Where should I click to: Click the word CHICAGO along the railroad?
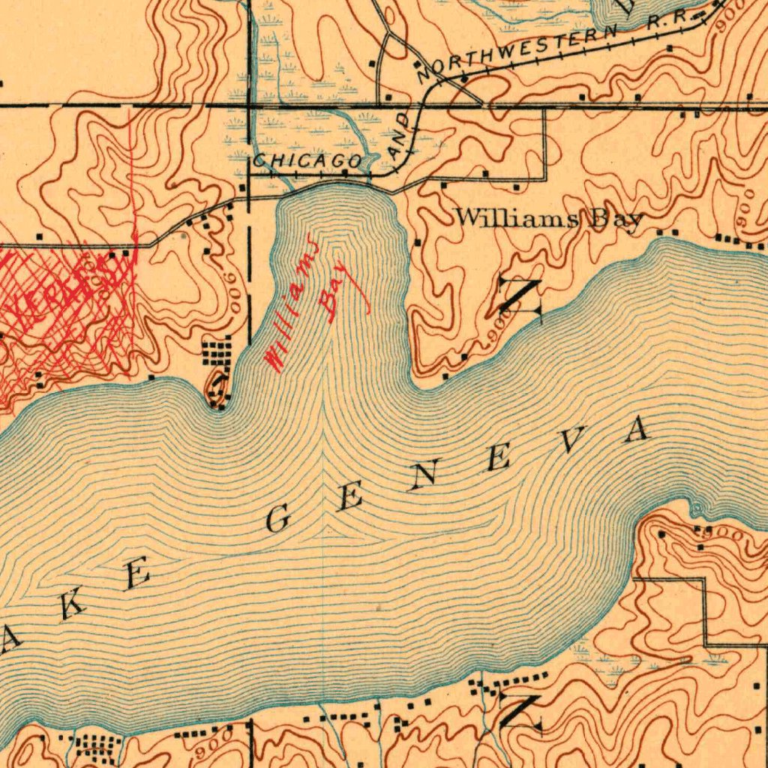307,160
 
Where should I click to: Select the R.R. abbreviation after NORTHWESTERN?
664,21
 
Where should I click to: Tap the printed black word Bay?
616,219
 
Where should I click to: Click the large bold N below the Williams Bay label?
520,295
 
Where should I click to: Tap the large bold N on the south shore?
520,710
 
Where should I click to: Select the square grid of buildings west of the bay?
217,351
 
